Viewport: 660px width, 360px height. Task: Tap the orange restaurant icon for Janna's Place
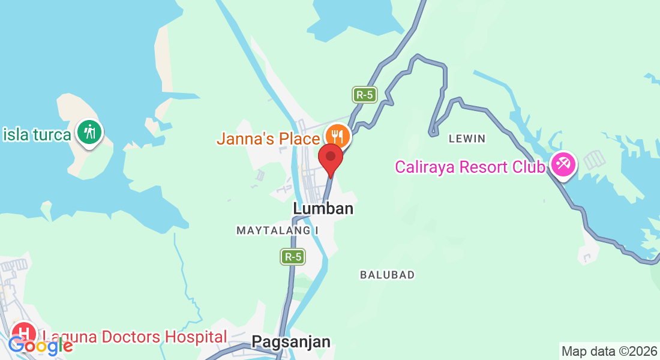tap(338, 135)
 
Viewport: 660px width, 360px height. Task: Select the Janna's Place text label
tap(268, 139)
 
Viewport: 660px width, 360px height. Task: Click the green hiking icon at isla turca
tap(90, 131)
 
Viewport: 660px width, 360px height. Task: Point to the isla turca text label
tap(37, 134)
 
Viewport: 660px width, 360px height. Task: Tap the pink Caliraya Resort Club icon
tap(563, 164)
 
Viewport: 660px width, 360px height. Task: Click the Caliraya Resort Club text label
tap(470, 166)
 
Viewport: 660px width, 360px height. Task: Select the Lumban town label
tap(323, 209)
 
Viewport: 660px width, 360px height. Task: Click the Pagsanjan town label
tap(291, 342)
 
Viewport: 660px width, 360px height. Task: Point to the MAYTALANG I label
tap(277, 230)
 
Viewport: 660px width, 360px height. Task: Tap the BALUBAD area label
tap(387, 275)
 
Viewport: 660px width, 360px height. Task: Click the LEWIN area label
tap(467, 139)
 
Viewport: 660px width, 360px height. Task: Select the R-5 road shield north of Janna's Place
tap(364, 94)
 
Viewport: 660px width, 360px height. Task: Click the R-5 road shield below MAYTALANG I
tap(293, 257)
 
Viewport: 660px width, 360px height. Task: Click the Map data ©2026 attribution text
tap(609, 351)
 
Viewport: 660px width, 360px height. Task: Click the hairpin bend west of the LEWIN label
tap(431, 131)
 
